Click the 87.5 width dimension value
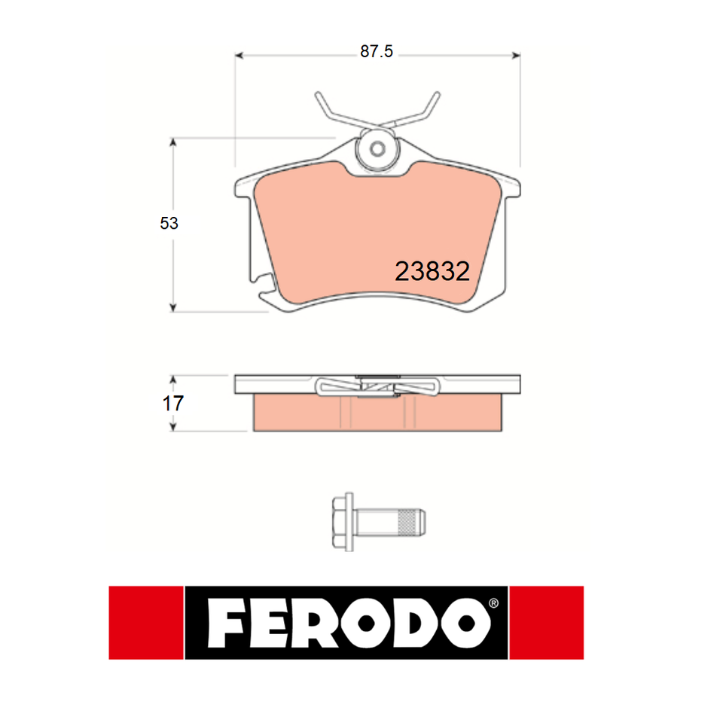377,52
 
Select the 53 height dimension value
169,223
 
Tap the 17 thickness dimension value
173,403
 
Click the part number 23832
432,272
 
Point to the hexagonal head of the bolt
343,519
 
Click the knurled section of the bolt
408,519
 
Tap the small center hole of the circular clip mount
377,148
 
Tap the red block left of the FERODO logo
146,623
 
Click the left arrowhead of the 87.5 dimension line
240,54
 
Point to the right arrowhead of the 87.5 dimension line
517,54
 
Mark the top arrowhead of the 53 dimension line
174,142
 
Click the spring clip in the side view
377,387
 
